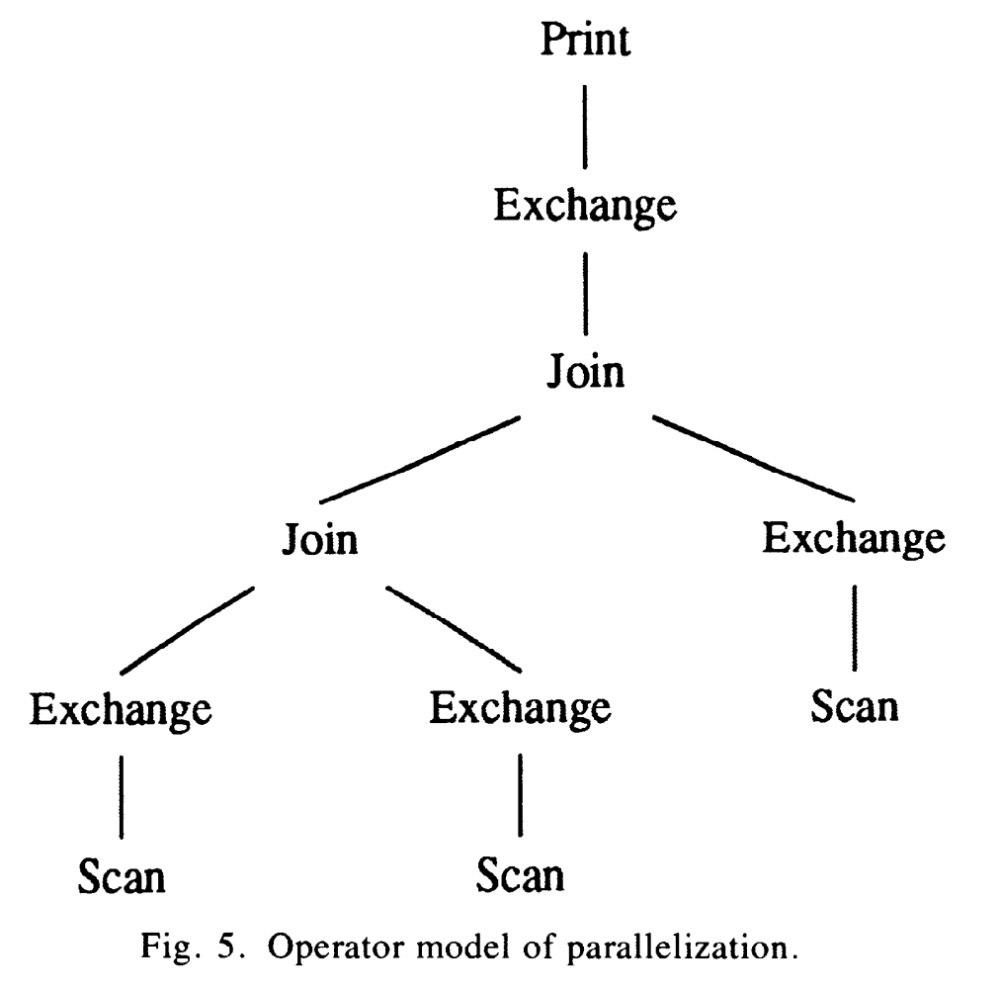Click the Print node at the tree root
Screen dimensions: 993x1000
click(x=586, y=41)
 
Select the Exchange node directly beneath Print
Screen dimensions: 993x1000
click(x=585, y=208)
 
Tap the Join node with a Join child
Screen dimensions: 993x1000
click(x=586, y=374)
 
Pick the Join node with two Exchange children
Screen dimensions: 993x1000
click(x=319, y=541)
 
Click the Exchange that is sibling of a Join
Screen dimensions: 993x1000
click(x=854, y=539)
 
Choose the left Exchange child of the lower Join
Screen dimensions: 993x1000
click(x=121, y=709)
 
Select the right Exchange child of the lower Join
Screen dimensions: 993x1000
click(x=521, y=709)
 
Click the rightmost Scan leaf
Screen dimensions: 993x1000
click(x=855, y=707)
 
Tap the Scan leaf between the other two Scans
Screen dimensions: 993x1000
click(x=521, y=876)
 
